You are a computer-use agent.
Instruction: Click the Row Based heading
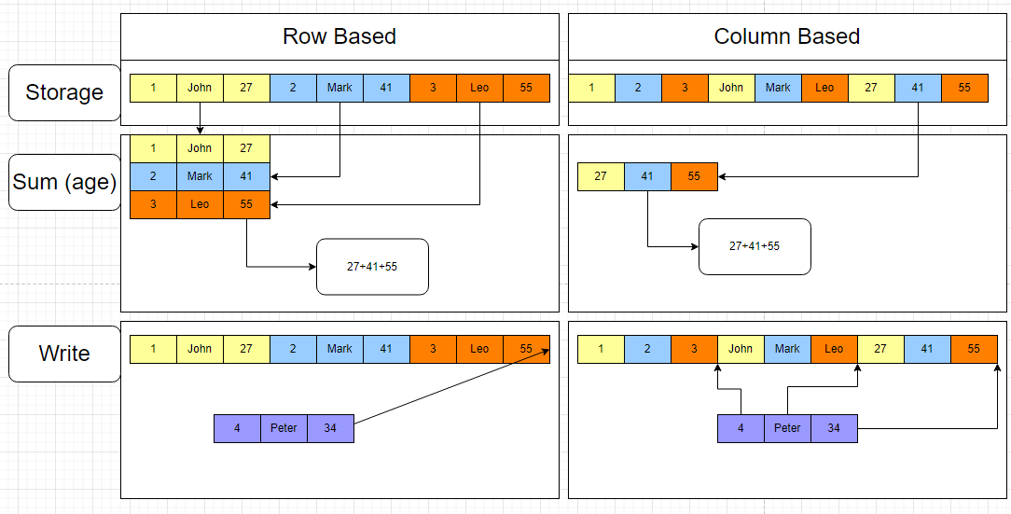(x=339, y=36)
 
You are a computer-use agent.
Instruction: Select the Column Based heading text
(x=786, y=36)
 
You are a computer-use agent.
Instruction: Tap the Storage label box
(x=64, y=92)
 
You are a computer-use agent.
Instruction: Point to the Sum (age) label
(x=64, y=181)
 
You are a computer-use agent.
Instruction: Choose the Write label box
(x=64, y=354)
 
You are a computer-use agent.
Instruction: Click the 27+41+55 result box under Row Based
(x=372, y=267)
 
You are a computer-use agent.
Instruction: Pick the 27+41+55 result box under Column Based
(x=755, y=246)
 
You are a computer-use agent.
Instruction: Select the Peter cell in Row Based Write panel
(x=284, y=428)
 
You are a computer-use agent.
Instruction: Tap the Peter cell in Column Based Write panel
(x=787, y=428)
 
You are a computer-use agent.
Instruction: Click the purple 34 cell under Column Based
(x=834, y=428)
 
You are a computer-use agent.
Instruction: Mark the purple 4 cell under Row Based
(x=237, y=428)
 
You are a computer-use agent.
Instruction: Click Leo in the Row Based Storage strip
(x=479, y=88)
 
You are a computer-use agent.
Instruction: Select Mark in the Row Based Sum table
(x=200, y=176)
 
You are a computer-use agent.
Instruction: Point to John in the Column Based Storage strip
(x=731, y=88)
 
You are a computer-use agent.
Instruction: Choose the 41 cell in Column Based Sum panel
(x=647, y=176)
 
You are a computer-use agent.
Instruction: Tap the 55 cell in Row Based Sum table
(x=246, y=204)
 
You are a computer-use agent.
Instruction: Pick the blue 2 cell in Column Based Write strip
(x=647, y=349)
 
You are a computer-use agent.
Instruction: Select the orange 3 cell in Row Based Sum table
(x=153, y=204)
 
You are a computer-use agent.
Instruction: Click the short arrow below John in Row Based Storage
(x=200, y=118)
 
